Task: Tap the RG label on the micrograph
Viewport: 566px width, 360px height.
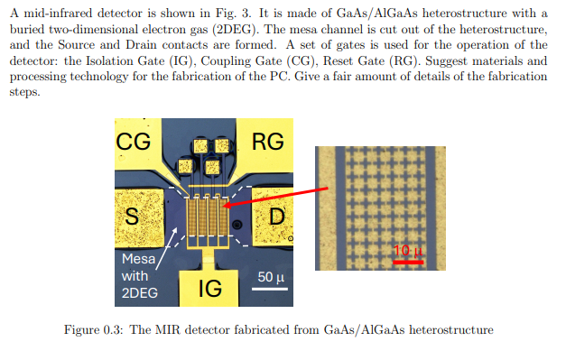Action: [x=266, y=142]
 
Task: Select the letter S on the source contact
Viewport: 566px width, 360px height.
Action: [x=132, y=217]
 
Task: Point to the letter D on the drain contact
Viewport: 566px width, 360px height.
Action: [x=277, y=217]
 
